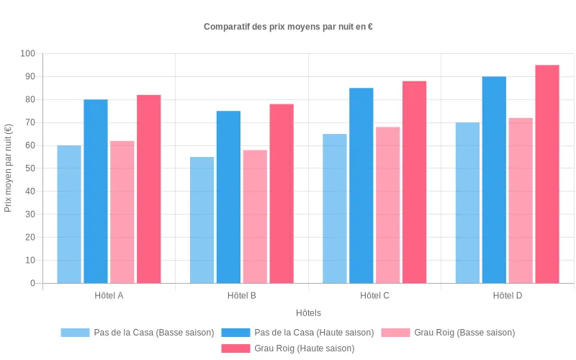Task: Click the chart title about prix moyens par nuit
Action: click(288, 27)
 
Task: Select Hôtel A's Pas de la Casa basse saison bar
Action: click(69, 214)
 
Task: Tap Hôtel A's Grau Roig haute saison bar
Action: click(149, 189)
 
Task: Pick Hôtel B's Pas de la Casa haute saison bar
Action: click(228, 197)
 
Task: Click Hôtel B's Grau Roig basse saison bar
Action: click(255, 216)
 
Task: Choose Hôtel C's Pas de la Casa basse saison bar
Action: click(335, 208)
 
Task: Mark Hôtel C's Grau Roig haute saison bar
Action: click(415, 181)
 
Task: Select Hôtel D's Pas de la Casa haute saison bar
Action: click(494, 179)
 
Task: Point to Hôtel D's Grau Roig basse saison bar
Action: click(521, 200)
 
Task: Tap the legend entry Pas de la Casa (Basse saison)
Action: click(138, 333)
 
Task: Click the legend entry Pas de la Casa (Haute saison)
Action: click(297, 333)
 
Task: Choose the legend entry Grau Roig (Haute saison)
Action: click(288, 348)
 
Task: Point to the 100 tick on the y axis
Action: click(27, 53)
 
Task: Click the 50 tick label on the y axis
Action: click(30, 168)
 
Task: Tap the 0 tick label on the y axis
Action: click(32, 283)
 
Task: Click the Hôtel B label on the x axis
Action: click(242, 296)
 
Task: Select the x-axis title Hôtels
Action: click(308, 313)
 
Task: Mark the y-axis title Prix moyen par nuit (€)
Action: click(9, 168)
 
